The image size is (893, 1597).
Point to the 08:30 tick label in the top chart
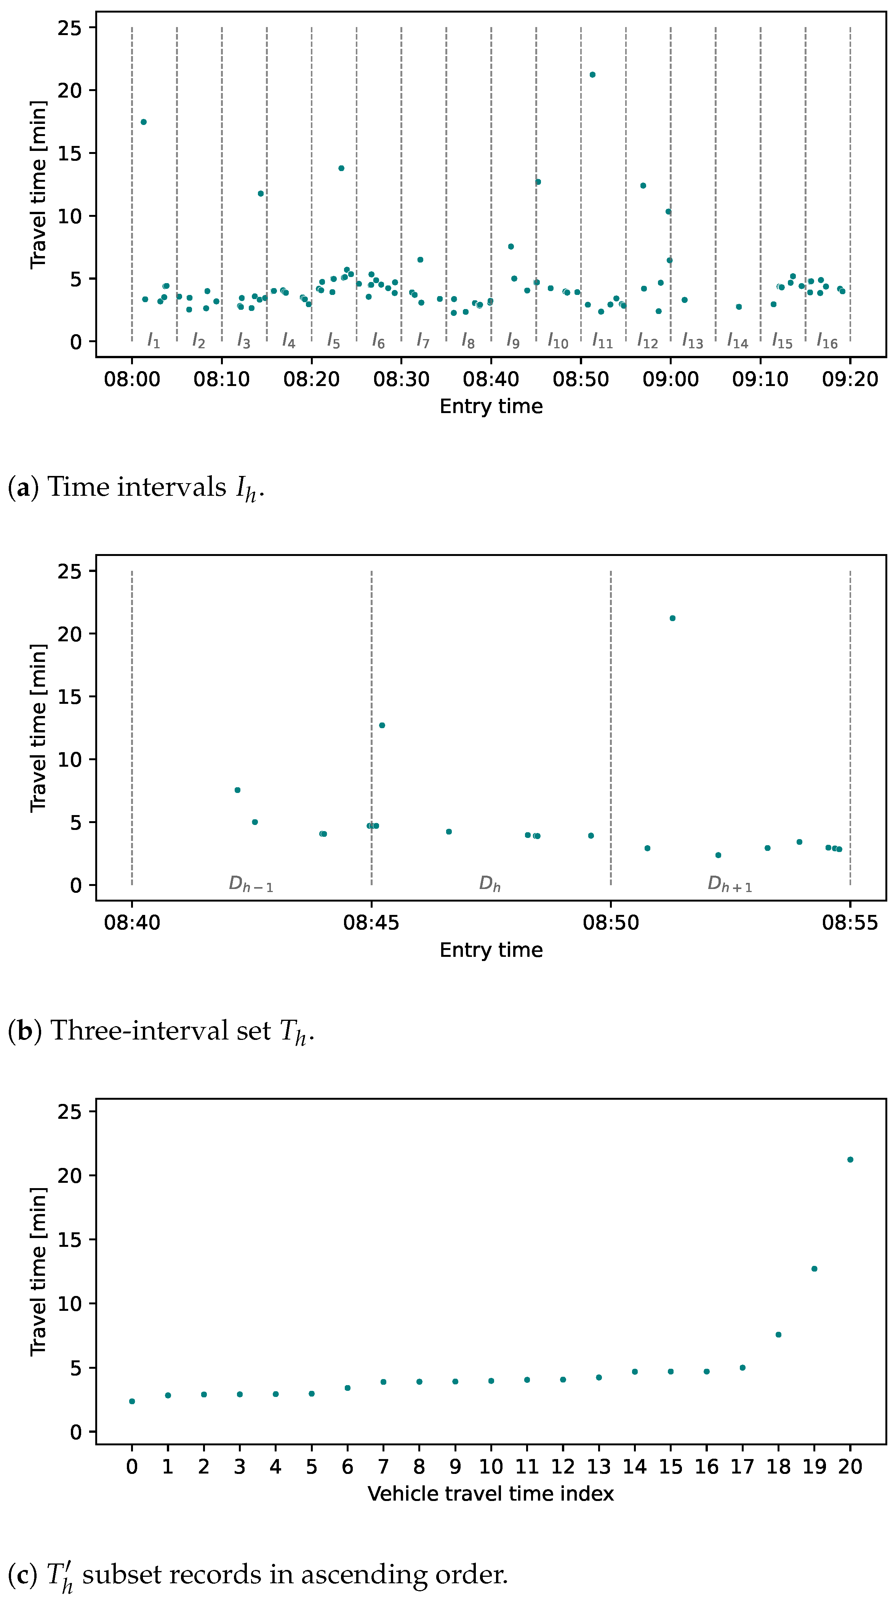coord(401,379)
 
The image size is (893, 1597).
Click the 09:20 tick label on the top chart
coord(850,379)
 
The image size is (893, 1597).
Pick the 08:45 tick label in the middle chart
coord(371,923)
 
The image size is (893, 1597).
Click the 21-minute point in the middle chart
coord(672,618)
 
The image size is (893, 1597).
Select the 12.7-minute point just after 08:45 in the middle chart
coord(382,726)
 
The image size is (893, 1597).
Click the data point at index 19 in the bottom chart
coord(814,1269)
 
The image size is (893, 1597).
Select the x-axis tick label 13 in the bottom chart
coord(599,1467)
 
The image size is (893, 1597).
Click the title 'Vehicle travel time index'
coord(490,1494)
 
